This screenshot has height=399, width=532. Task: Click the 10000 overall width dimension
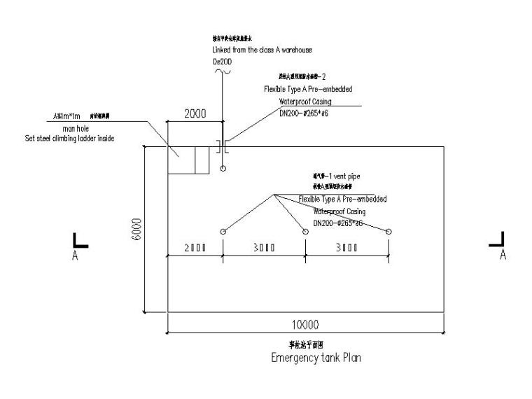click(305, 324)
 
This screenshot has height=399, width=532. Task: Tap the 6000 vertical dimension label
click(137, 230)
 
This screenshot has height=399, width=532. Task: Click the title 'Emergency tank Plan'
click(316, 357)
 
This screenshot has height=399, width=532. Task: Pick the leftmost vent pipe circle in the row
click(223, 232)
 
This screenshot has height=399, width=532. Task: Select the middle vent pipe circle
click(305, 232)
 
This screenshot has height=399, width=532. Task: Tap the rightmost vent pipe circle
click(389, 232)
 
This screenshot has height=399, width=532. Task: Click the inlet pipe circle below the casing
click(223, 169)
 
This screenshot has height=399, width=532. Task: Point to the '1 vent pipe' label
click(338, 176)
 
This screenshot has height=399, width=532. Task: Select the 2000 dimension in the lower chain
click(194, 248)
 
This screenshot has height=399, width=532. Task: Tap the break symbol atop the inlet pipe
click(222, 72)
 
